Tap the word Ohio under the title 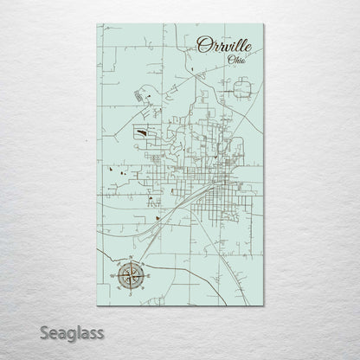(235, 59)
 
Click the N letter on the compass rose (128, 258)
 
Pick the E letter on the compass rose (147, 277)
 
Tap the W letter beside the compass (110, 277)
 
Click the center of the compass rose (128, 277)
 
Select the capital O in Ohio (228, 59)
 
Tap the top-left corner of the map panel (98, 24)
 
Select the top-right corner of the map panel (263, 24)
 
